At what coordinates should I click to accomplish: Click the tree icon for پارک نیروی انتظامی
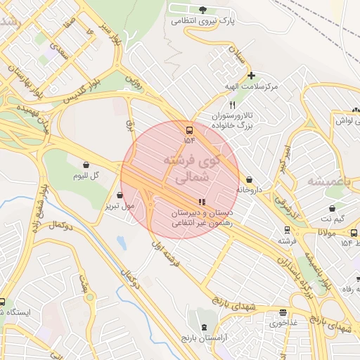203,10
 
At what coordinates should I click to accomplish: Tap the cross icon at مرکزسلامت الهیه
251,75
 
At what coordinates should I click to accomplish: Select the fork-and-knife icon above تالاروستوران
223,104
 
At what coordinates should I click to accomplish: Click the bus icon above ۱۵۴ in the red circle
188,130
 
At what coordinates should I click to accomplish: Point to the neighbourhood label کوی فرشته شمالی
191,169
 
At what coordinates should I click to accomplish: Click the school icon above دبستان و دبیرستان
202,202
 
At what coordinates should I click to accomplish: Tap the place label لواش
342,121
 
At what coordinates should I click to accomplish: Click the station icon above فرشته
286,230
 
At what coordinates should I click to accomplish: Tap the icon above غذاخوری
283,313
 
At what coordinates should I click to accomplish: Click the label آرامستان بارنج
205,338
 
